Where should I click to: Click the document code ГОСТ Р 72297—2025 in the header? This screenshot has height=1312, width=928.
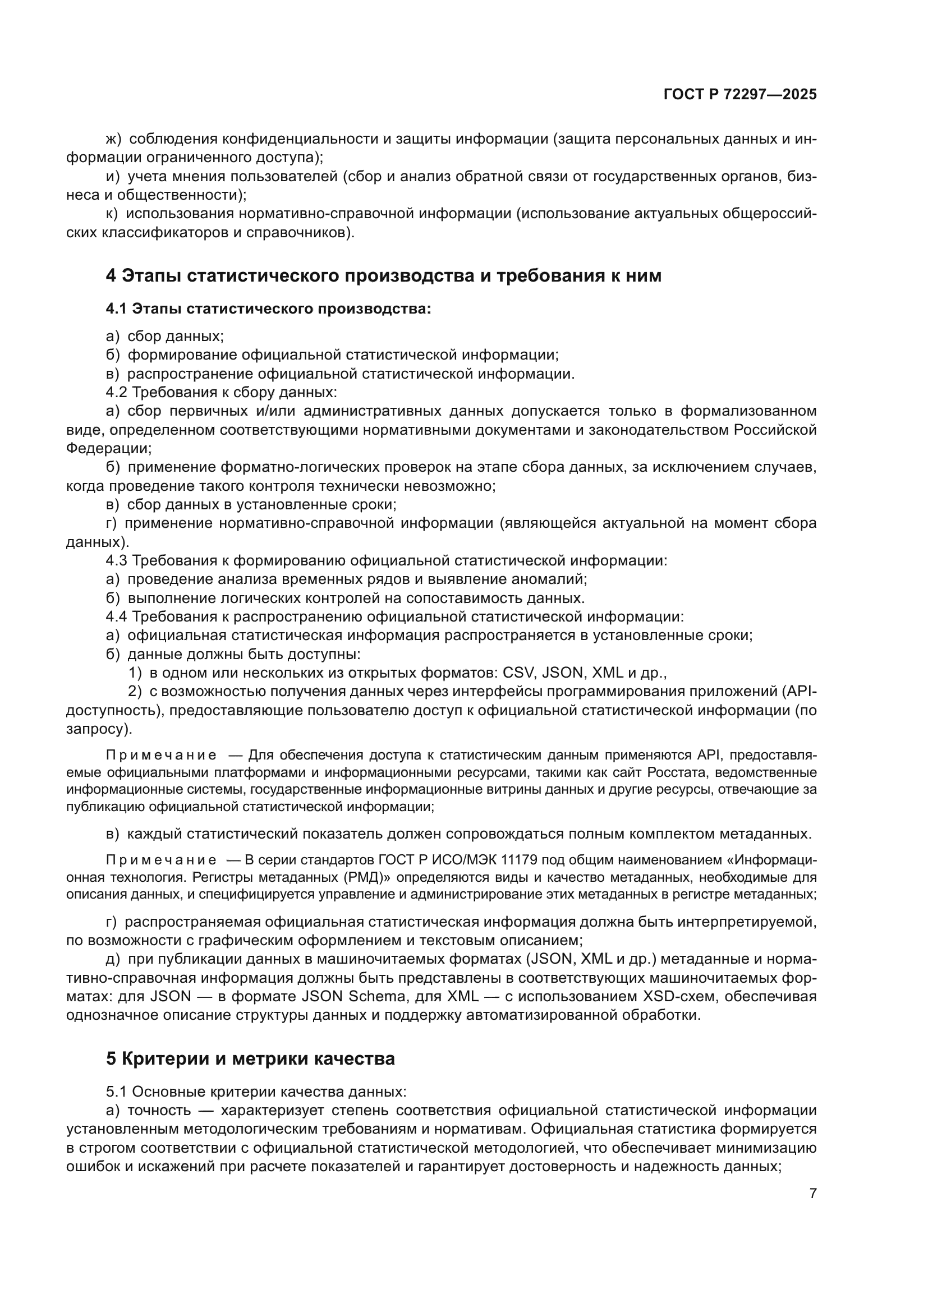740,94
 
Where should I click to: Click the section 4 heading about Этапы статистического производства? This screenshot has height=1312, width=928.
383,275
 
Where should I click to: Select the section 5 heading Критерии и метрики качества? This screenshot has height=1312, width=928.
250,1059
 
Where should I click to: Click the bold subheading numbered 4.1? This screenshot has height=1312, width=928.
268,309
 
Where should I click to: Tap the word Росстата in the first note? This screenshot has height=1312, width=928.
678,772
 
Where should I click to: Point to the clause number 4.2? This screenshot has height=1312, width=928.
117,393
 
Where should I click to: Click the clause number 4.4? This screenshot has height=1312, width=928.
117,616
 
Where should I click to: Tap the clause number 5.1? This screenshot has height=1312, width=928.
117,1092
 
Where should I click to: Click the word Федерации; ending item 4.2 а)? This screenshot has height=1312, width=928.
109,449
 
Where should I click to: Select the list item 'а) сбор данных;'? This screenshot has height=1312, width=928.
165,337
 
